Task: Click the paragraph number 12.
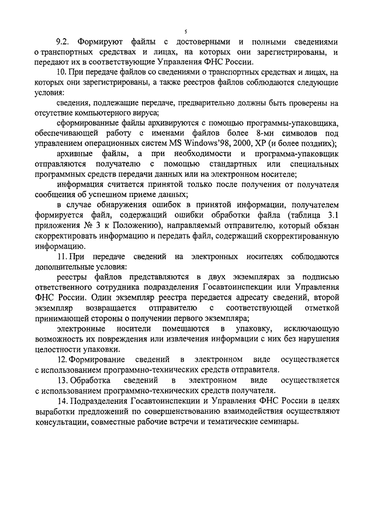pyautogui.click(x=64, y=358)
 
